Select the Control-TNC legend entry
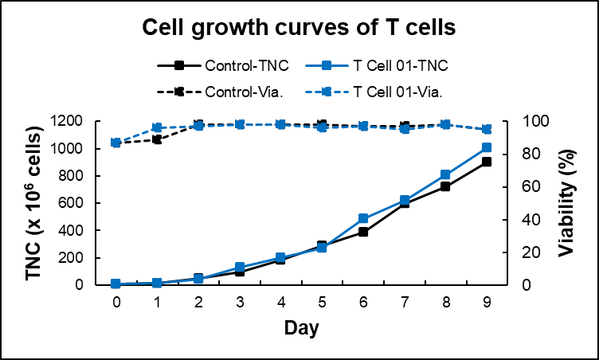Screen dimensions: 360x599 [x=223, y=65]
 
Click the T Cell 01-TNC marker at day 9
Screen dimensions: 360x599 [x=487, y=147]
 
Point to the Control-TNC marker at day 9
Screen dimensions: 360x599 [x=487, y=162]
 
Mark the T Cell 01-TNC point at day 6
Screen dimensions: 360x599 [x=363, y=218]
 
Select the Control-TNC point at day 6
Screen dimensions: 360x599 [x=363, y=232]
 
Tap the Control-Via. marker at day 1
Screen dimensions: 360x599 [x=157, y=139]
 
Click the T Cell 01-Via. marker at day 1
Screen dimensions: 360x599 [x=157, y=127]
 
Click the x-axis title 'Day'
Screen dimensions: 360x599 [x=301, y=327]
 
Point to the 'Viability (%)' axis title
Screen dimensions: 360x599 [x=567, y=203]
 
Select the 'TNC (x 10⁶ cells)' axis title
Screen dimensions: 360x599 [x=33, y=204]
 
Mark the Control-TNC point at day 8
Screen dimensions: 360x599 [x=445, y=186]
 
